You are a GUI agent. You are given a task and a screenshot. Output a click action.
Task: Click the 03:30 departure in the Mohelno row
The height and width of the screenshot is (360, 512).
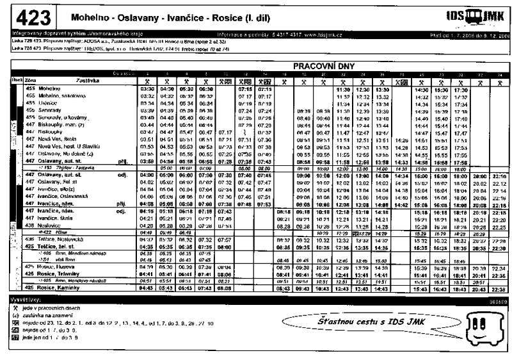pyautogui.click(x=147, y=89)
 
